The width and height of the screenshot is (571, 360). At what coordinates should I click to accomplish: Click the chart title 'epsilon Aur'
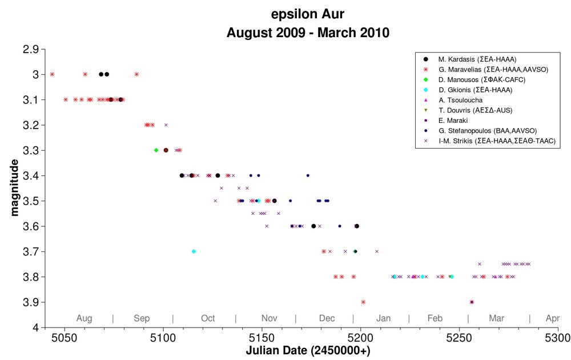[308, 14]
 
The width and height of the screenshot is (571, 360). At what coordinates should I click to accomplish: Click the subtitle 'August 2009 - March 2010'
[308, 33]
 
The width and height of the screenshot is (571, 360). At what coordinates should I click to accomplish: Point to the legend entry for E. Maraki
[453, 121]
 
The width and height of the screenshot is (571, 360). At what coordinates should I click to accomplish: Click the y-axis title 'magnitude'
[14, 187]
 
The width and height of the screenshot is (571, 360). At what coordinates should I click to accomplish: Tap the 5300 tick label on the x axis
[558, 337]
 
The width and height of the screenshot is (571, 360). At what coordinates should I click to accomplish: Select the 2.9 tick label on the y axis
[31, 49]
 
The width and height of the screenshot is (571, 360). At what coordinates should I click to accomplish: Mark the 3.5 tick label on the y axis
[31, 201]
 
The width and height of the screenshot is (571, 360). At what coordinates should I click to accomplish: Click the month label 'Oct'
[208, 318]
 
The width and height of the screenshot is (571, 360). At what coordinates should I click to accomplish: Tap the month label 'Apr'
[552, 318]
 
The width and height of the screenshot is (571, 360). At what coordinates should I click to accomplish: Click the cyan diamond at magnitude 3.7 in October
[194, 251]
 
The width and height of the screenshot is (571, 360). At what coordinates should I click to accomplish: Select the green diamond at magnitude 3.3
[156, 150]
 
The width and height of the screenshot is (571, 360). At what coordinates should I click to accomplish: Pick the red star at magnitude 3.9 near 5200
[363, 302]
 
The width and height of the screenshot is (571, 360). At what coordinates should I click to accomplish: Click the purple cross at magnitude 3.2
[166, 125]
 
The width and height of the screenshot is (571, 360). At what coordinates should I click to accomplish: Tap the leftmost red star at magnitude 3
[52, 74]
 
